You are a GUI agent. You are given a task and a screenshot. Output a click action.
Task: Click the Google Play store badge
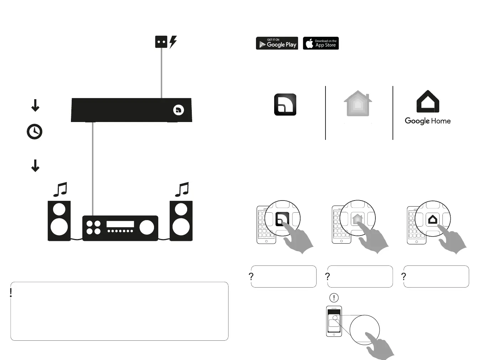277,43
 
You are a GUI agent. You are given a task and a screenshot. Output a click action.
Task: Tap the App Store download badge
321,43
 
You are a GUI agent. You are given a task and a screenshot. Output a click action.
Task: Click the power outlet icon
161,42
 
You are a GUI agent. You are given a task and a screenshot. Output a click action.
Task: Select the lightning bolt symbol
173,42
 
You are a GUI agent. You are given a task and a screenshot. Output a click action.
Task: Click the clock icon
35,132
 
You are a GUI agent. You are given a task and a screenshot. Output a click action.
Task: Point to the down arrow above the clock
35,106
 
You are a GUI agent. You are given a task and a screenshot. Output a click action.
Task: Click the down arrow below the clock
35,166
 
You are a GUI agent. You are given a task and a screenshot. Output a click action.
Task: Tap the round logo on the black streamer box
179,110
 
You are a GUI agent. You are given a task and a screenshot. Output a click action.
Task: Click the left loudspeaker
59,220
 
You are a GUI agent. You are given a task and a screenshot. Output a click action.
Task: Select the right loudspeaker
181,220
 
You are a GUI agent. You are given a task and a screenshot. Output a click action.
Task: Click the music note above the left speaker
60,189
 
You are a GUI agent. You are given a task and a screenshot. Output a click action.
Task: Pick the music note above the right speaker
182,189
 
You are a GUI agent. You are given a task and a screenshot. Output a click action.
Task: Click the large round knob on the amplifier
147,227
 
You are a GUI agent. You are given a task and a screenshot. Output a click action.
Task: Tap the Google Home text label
427,121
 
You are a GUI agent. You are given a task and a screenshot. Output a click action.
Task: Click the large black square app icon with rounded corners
285,105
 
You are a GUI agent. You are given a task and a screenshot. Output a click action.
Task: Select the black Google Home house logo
428,102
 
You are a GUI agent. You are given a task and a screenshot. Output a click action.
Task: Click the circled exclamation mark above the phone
334,298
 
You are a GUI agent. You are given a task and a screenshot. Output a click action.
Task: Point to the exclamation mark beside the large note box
11,293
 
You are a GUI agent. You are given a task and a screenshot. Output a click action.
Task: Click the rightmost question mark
404,277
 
